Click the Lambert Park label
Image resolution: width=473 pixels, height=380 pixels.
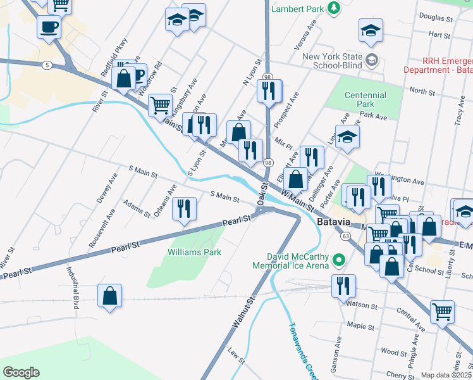pyautogui.click(x=297, y=9)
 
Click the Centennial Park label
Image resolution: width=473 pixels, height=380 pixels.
pyautogui.click(x=365, y=99)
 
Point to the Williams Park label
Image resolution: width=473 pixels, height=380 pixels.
pyautogui.click(x=194, y=252)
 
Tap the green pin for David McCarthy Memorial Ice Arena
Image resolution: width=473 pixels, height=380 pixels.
pyautogui.click(x=339, y=260)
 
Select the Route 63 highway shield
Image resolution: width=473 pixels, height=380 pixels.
pyautogui.click(x=345, y=236)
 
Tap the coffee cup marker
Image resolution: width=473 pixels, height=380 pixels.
pyautogui.click(x=49, y=27)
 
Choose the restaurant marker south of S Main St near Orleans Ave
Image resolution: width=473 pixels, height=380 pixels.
pyautogui.click(x=184, y=208)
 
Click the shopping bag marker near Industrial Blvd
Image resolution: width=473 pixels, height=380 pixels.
pyautogui.click(x=109, y=295)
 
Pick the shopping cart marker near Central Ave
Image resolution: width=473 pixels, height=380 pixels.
pyautogui.click(x=442, y=311)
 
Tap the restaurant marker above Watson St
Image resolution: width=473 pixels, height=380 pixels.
pyautogui.click(x=343, y=285)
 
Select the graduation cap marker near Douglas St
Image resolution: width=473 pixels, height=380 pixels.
pyautogui.click(x=371, y=29)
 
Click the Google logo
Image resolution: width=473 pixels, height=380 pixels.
pyautogui.click(x=21, y=372)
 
